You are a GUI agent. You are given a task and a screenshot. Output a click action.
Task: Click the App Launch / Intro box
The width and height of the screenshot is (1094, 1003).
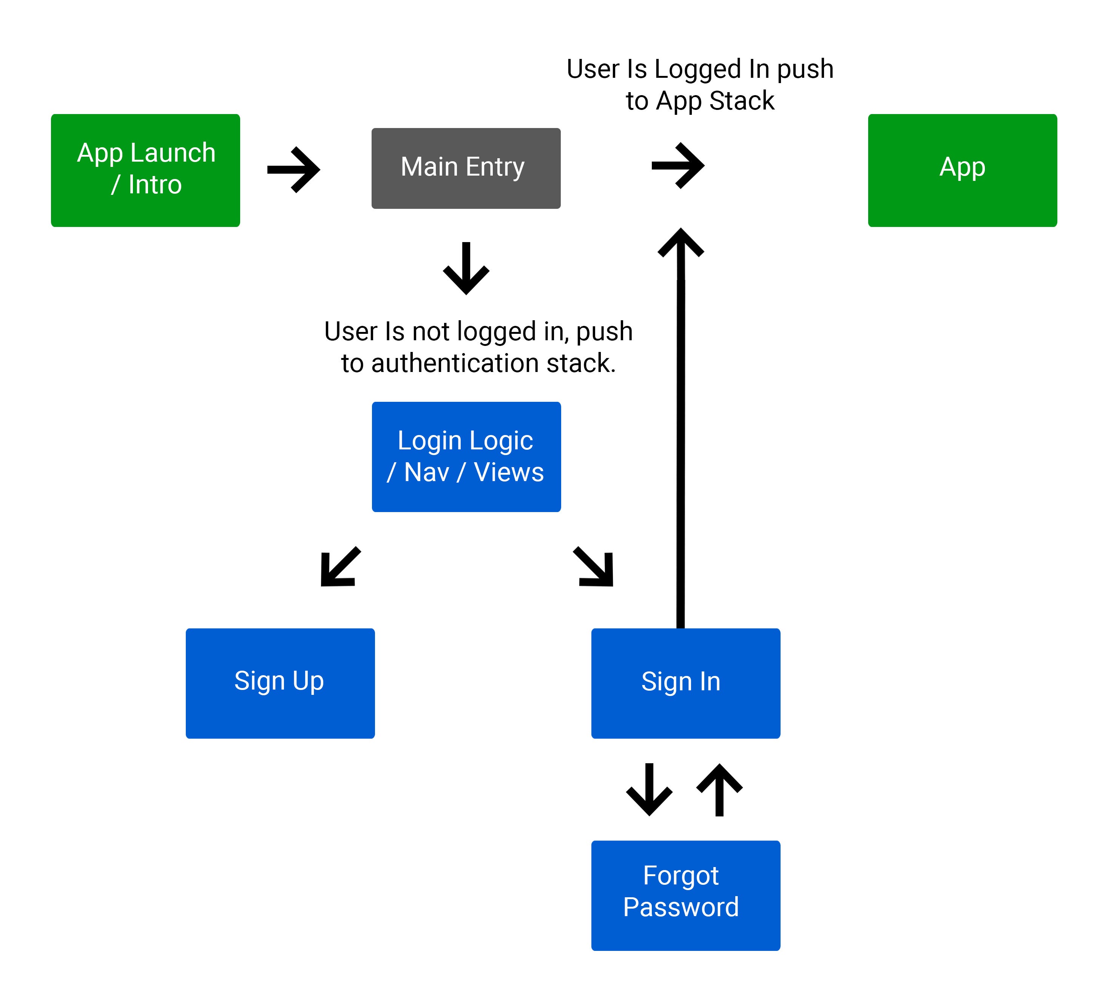coord(145,170)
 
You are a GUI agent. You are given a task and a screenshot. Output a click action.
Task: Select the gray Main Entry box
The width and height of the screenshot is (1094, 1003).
coord(466,168)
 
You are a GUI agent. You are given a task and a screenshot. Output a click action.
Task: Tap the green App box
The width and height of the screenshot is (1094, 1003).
coord(962,170)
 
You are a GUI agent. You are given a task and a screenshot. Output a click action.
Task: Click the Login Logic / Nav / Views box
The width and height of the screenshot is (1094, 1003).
coord(466,457)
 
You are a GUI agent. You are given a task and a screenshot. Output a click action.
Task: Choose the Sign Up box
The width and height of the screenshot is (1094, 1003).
coord(280,683)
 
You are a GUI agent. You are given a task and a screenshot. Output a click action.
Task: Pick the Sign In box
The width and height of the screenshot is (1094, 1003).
coord(685,683)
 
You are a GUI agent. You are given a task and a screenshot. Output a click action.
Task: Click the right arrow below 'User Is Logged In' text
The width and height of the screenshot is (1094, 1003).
coord(678,165)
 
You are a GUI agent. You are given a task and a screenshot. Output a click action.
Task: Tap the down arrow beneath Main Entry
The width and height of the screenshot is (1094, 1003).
coord(466,268)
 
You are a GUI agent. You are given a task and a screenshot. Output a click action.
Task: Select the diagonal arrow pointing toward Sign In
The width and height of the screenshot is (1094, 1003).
coord(594,566)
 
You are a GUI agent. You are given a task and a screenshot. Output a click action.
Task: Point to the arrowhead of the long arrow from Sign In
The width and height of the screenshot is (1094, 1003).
coord(680,242)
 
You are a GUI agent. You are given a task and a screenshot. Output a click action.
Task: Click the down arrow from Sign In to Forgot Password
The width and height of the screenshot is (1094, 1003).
coord(649,789)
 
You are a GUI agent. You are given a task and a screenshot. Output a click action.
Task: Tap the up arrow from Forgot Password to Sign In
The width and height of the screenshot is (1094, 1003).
coord(719,789)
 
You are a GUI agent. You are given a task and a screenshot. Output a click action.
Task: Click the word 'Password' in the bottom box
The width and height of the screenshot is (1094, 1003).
coord(680,907)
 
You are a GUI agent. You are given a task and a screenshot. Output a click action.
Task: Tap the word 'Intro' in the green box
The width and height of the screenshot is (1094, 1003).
coord(155,185)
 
